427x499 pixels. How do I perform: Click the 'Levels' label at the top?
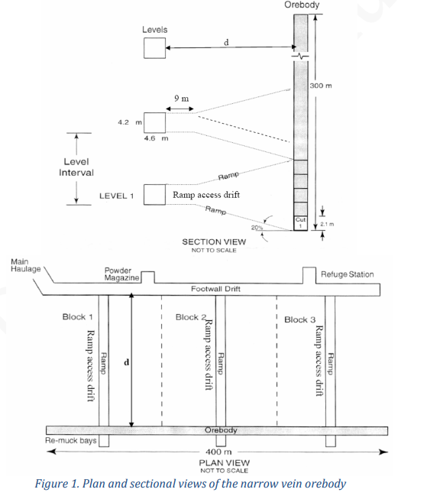tap(154, 29)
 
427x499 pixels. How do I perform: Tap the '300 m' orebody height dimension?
tap(322, 85)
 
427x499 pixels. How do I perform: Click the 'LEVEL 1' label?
tap(116, 196)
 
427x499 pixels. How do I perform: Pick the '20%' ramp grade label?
tap(256, 228)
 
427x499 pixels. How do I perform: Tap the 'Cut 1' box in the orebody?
tap(300, 222)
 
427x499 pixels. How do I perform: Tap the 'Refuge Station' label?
tap(347, 274)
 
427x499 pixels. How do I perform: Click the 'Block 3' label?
tap(299, 319)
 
